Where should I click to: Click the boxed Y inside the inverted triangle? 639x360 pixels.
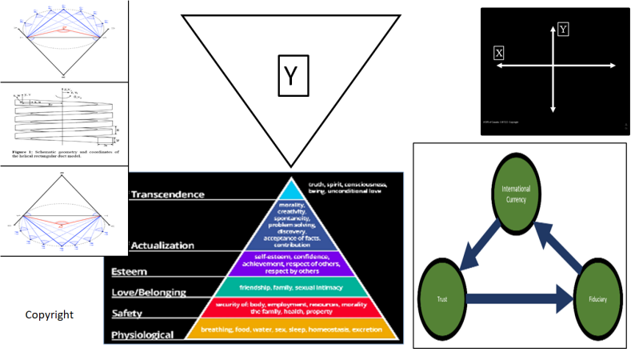click(294, 76)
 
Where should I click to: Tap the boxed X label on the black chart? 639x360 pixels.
click(499, 53)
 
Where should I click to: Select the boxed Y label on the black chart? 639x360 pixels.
click(564, 30)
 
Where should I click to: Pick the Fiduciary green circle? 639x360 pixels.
click(593, 301)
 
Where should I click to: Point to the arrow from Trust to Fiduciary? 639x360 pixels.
click(518, 301)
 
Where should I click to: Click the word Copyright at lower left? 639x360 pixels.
click(50, 315)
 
